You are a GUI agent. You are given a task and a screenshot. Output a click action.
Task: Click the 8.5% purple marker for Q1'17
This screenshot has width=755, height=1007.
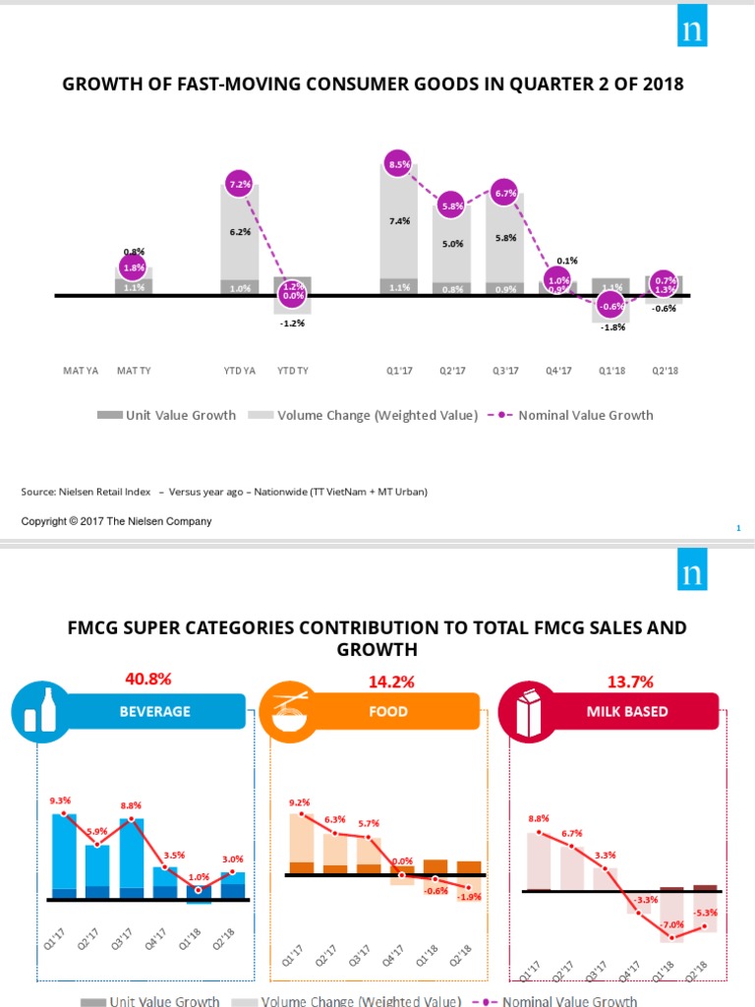pos(399,165)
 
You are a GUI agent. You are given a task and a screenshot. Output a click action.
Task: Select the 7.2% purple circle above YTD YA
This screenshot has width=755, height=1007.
pos(240,184)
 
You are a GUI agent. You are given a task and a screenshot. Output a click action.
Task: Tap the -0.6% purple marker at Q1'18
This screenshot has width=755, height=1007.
pos(612,305)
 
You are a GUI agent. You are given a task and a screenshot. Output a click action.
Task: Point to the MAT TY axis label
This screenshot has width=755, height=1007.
pos(134,371)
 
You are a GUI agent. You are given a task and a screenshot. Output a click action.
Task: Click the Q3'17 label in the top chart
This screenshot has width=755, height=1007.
pos(505,371)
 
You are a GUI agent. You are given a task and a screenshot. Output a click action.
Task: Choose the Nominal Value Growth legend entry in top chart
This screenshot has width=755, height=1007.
pos(585,415)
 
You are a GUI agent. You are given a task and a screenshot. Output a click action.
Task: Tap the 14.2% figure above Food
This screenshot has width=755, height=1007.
pos(390,681)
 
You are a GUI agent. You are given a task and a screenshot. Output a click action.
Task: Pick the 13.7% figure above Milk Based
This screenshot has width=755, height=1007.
pos(631,681)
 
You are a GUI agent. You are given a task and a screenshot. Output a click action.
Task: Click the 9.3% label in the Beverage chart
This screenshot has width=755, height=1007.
pos(60,800)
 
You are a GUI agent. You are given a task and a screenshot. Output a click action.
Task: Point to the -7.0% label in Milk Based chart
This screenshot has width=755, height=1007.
pos(671,924)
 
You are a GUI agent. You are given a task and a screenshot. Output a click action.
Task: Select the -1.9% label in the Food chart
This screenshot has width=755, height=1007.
pos(470,896)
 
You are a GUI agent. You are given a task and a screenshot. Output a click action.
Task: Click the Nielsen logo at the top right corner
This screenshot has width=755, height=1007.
pos(703,30)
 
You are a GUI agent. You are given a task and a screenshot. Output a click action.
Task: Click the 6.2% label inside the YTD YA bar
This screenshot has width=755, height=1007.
pos(240,232)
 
